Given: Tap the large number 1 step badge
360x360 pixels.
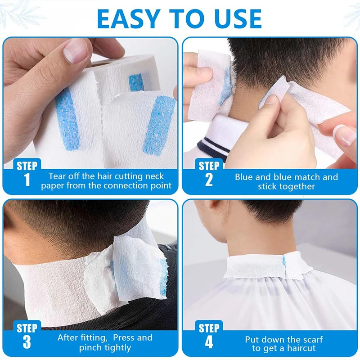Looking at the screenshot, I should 27,180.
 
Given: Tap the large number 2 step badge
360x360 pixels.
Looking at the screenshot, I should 209,180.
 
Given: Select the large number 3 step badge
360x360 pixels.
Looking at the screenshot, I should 27,342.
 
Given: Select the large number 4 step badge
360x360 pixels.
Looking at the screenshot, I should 209,342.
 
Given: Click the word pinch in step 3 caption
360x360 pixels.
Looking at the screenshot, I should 90,347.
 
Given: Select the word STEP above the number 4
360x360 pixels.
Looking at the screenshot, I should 209,328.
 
